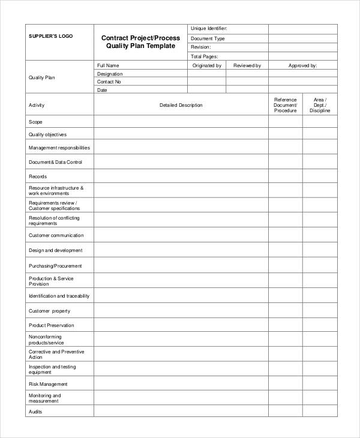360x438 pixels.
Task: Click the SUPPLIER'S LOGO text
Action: pos(51,36)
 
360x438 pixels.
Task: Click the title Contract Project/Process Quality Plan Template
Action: pos(141,42)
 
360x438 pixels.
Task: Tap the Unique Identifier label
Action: pos(208,29)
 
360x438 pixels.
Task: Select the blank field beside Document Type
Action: pos(302,38)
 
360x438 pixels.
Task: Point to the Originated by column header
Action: pos(207,65)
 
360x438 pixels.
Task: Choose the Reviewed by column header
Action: pos(247,65)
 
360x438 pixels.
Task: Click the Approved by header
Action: pos(302,65)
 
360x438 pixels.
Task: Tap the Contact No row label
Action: pos(109,82)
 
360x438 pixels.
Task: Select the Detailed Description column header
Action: pos(181,105)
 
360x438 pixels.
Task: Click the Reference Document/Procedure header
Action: pos(285,105)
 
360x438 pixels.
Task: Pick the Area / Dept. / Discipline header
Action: pos(320,105)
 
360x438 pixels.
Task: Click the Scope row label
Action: pos(35,122)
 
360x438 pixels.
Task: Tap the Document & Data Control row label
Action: pos(55,162)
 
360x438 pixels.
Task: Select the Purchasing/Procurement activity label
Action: pos(55,266)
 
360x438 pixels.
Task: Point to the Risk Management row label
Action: pos(48,384)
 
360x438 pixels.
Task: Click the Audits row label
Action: pos(35,412)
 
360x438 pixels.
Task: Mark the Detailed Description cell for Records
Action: pos(181,177)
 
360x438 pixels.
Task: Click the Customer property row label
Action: pos(49,311)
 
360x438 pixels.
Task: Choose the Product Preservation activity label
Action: pos(52,325)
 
